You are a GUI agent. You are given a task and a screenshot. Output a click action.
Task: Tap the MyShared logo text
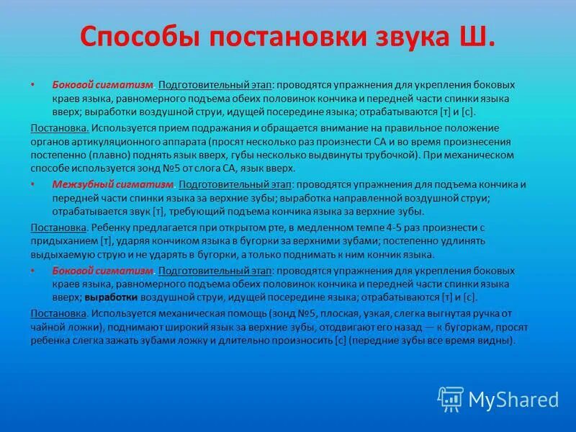[x=513, y=398]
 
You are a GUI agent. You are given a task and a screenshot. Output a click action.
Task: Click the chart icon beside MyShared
[x=451, y=398]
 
